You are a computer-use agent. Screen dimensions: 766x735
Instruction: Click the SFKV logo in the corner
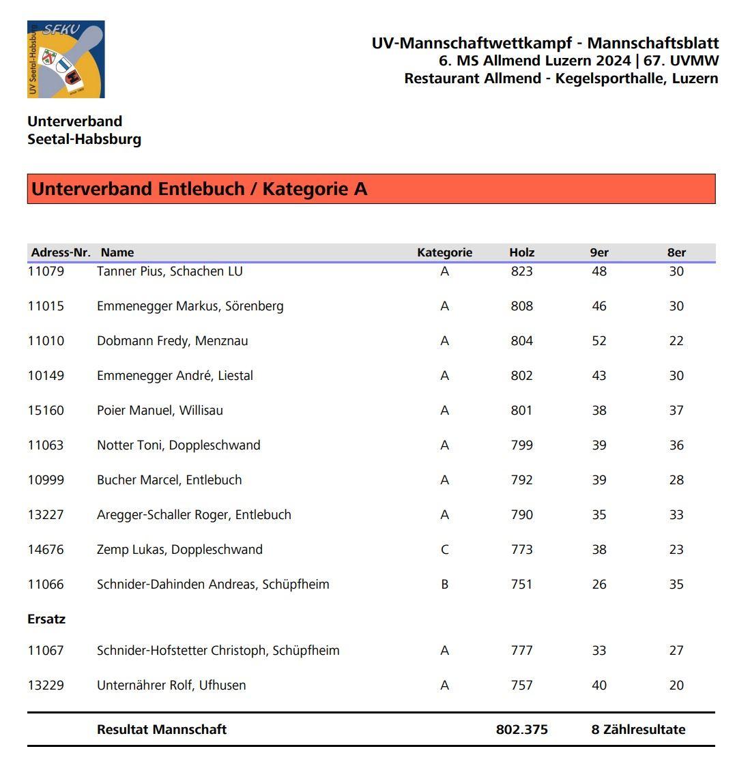pos(66,59)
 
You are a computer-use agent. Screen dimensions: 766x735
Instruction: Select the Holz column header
pos(521,252)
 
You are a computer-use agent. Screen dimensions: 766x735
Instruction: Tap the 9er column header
pos(599,252)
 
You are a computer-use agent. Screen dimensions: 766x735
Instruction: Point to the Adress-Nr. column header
pos(61,252)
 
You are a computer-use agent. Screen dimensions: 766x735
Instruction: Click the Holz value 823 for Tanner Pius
pos(521,271)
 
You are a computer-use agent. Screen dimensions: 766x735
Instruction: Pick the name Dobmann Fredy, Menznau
pos(172,341)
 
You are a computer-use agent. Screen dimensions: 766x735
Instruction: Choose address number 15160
pos(46,411)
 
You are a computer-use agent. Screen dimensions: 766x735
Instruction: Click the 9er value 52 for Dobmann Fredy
pos(599,341)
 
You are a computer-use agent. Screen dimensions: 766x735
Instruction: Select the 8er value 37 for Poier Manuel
pos(676,411)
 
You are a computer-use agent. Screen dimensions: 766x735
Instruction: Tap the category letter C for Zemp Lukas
pos(444,550)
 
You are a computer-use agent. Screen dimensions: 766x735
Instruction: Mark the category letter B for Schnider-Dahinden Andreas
pos(444,585)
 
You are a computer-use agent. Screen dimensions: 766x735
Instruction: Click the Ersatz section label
pos(46,619)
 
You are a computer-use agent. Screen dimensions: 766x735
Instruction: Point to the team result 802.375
pos(521,729)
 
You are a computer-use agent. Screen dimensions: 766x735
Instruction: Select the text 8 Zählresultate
pos(638,729)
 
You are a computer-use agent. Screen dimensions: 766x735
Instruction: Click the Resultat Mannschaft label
pos(162,729)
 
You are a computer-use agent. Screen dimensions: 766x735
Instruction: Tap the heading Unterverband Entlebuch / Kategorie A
pos(199,189)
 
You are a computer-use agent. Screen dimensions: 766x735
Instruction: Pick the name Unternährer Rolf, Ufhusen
pos(171,686)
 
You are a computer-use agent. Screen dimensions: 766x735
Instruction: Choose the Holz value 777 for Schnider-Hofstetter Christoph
pos(521,651)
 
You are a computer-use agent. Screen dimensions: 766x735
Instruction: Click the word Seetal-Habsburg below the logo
pos(84,139)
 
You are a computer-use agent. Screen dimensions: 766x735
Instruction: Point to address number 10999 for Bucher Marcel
pos(46,480)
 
